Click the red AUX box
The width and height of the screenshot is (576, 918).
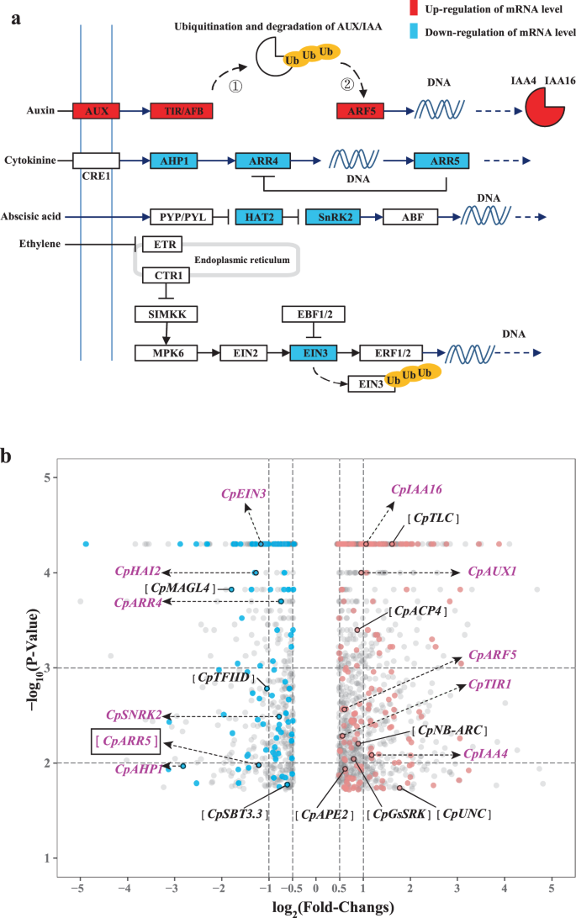[97, 110]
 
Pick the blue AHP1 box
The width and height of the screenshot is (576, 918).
[177, 160]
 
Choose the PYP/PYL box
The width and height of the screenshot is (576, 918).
[177, 218]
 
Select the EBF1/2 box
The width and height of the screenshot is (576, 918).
[313, 314]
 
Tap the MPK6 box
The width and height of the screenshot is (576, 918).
[166, 352]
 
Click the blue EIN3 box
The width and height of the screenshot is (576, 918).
[313, 352]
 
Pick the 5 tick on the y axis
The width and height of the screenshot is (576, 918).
[48, 477]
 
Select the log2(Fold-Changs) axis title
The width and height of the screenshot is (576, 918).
[315, 907]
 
